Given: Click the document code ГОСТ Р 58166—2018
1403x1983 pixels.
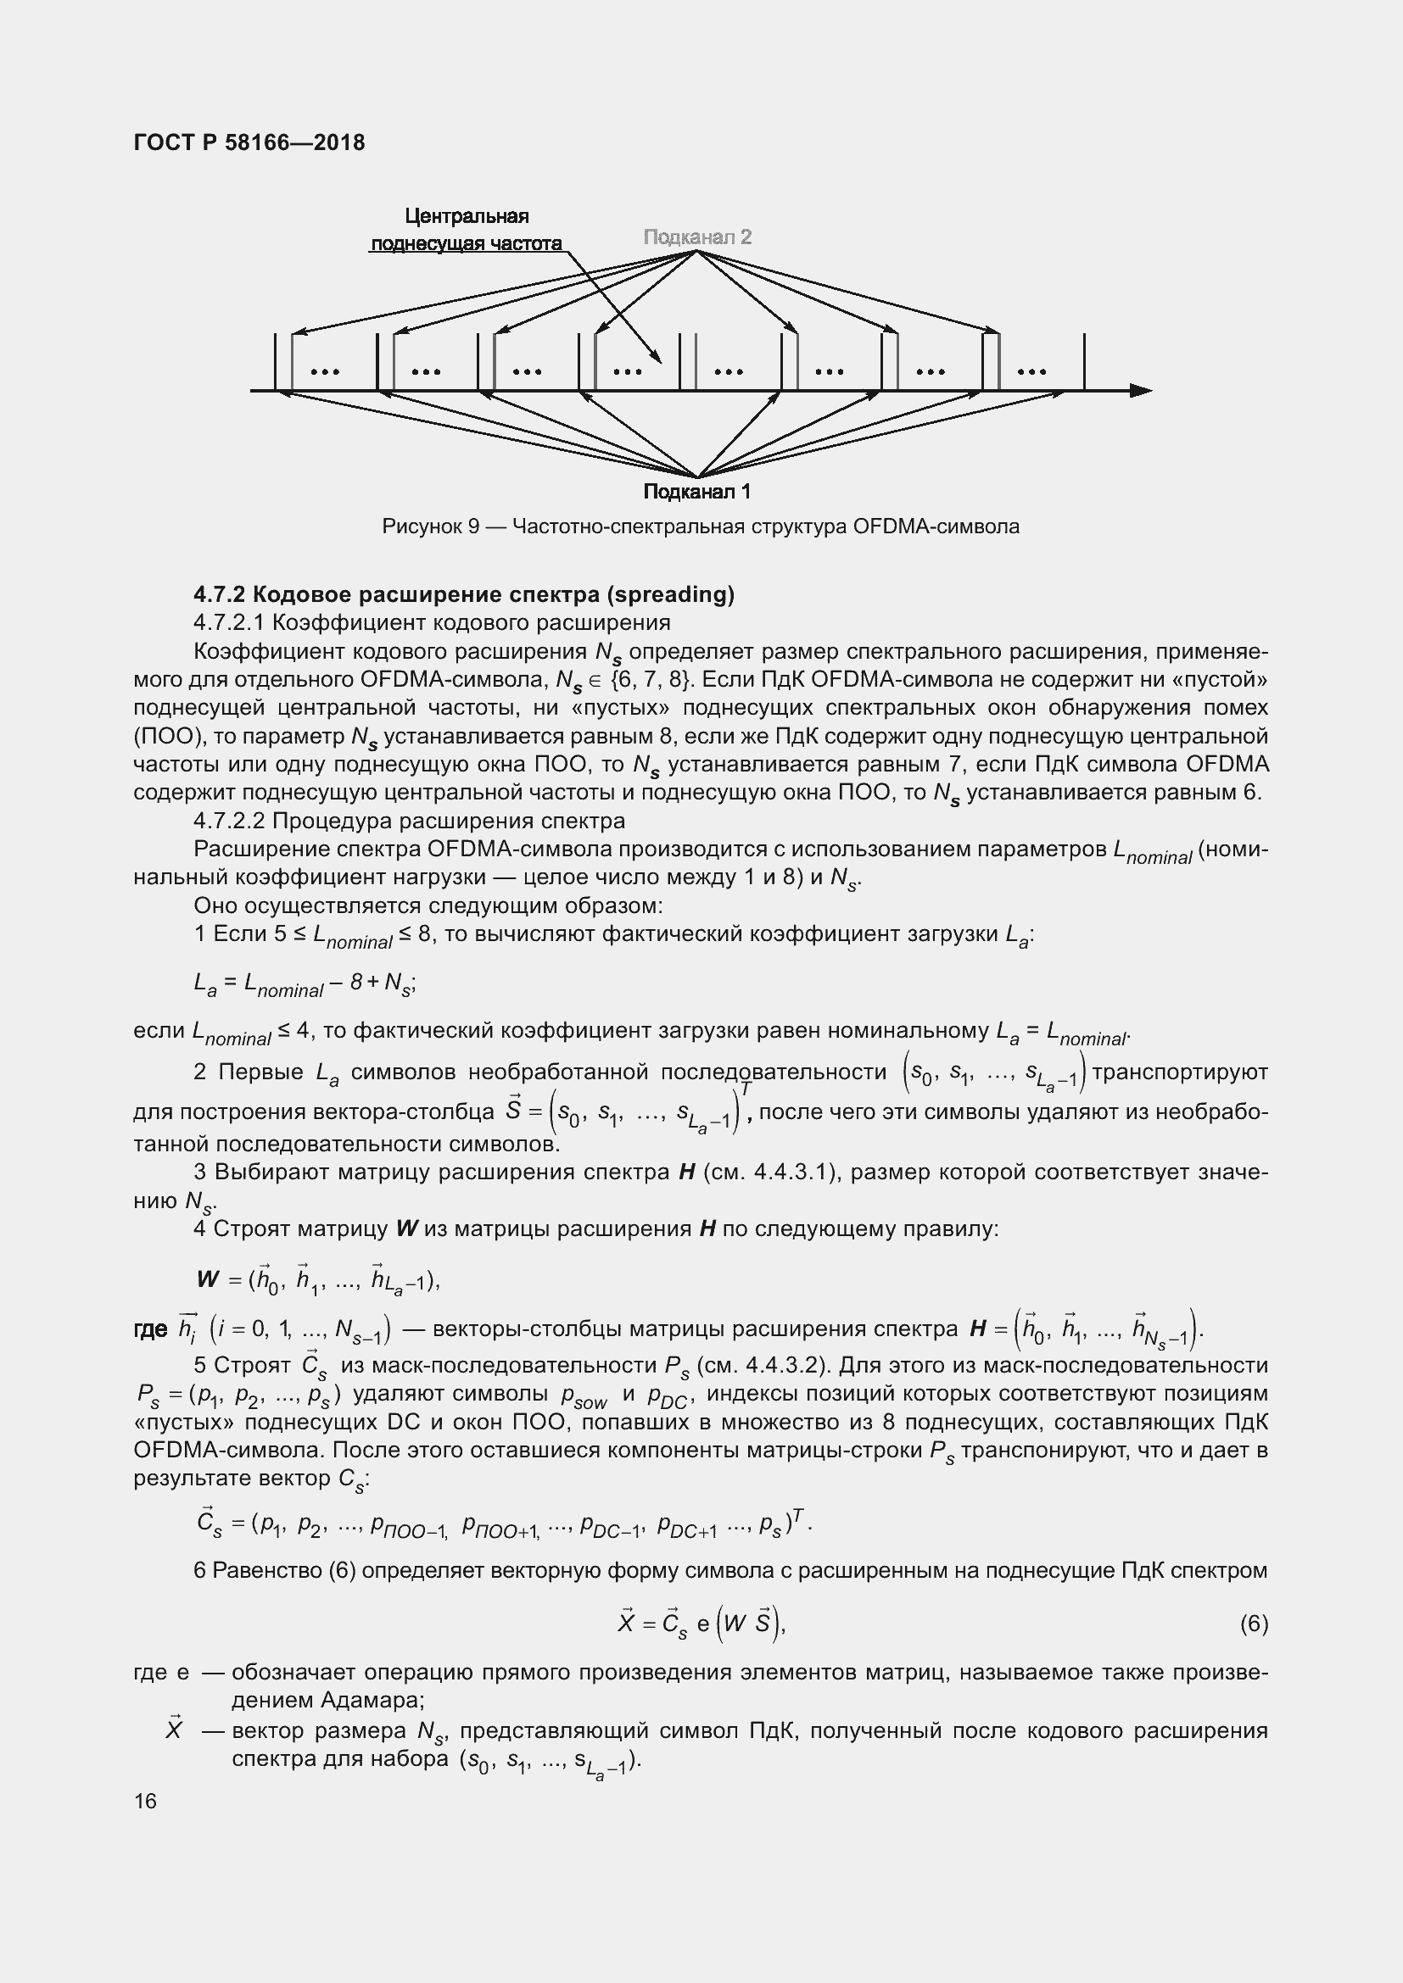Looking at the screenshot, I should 249,142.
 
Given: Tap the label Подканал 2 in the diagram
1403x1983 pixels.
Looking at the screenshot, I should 697,237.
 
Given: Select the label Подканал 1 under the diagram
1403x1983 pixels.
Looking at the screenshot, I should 697,492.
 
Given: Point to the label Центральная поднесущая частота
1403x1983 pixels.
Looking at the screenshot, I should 467,230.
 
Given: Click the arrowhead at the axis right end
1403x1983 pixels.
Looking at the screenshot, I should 1141,390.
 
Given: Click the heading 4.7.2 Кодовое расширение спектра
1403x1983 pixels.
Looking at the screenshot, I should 464,594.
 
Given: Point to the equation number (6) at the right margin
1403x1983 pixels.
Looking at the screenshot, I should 1254,1624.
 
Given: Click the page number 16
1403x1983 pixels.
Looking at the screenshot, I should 145,1801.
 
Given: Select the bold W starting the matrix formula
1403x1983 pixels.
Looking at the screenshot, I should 208,1279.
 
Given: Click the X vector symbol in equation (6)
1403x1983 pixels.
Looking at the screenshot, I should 627,1623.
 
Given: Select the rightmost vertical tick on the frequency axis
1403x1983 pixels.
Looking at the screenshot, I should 1084,363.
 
